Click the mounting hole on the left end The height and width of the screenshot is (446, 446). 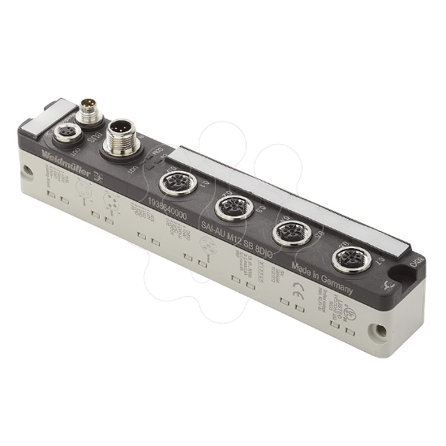[x=26, y=170]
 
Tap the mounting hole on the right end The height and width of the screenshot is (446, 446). [x=378, y=331]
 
